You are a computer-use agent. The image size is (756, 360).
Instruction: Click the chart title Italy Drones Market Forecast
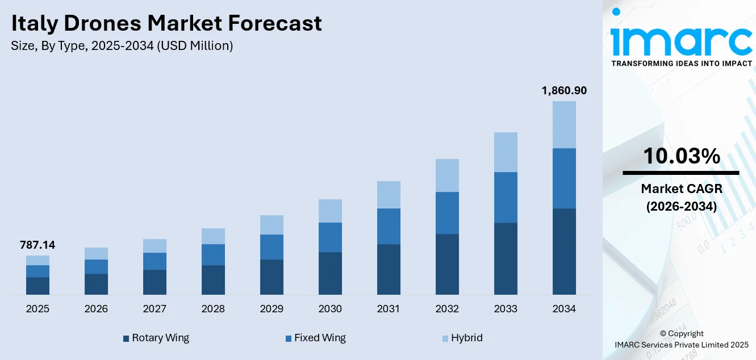pos(166,23)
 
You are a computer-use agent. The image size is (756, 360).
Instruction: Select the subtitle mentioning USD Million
pos(122,46)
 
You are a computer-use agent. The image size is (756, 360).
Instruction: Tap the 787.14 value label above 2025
pos(37,245)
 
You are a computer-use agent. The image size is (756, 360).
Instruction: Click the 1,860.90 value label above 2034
pos(563,90)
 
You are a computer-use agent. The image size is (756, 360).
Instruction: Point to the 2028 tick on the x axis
pos(213,309)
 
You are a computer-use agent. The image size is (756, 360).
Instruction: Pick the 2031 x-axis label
pos(389,309)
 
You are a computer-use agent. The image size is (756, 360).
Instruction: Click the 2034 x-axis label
pos(564,309)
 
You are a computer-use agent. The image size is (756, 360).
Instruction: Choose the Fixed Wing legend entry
pos(315,338)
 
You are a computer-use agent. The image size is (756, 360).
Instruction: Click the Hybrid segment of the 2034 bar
pos(564,124)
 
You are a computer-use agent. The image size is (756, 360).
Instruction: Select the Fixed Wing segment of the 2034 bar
pos(564,178)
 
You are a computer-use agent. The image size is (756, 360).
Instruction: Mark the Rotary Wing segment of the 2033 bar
pos(506,258)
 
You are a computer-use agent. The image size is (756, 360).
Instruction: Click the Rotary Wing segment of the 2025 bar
pos(37,286)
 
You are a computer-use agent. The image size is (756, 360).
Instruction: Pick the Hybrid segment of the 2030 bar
pos(330,211)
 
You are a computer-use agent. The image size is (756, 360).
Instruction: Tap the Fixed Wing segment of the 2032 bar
pos(447,213)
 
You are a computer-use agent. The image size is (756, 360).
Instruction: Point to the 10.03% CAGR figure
pos(681,156)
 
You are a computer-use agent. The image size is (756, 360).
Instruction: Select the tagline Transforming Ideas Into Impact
pos(681,64)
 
